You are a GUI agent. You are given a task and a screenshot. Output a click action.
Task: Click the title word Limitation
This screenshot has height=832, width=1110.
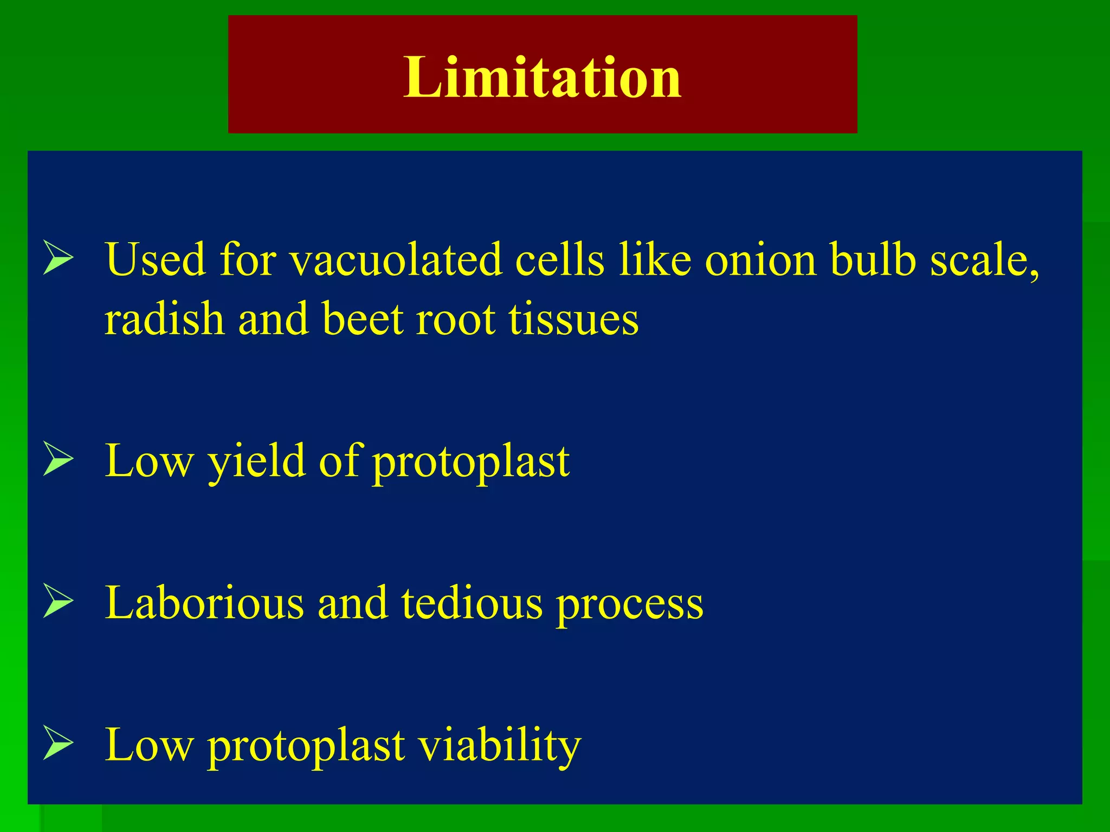[x=542, y=77]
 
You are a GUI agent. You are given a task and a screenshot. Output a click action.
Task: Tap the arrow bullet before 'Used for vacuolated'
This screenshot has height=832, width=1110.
[x=58, y=258]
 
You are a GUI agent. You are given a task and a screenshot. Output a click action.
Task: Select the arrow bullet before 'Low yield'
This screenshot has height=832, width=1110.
[x=58, y=459]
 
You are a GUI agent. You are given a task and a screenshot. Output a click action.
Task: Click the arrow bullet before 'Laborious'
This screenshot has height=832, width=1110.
[x=58, y=601]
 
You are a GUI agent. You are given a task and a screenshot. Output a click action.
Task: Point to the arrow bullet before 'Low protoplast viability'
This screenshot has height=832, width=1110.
[x=58, y=743]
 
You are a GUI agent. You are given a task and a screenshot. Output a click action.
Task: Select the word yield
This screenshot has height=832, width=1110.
[x=256, y=462]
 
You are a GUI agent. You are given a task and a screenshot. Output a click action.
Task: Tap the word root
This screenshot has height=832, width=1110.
[x=455, y=320]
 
